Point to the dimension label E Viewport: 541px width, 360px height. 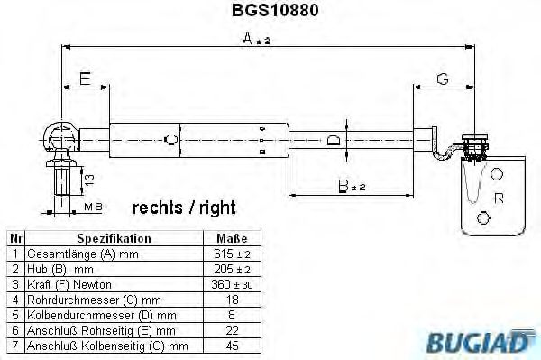click(84, 79)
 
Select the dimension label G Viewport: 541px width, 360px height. click(443, 79)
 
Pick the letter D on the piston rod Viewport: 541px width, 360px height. click(333, 140)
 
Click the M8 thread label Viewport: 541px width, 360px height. click(92, 208)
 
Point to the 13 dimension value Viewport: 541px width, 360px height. click(87, 180)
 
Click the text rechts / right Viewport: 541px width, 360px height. click(183, 208)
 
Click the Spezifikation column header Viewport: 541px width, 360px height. click(114, 239)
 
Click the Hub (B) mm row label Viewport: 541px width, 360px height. click(61, 270)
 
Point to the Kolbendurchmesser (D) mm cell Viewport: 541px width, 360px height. click(95, 315)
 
